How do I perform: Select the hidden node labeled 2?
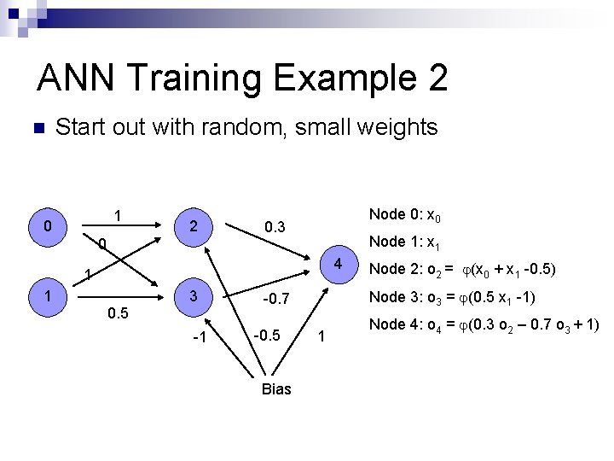click(x=194, y=226)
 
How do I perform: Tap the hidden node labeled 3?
click(x=194, y=296)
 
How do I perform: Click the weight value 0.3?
click(x=275, y=227)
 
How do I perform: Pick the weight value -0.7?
click(x=276, y=300)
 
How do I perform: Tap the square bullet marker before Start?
click(x=37, y=129)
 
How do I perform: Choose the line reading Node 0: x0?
click(x=404, y=214)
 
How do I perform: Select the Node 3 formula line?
click(x=450, y=297)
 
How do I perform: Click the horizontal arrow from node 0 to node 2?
click(x=123, y=225)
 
